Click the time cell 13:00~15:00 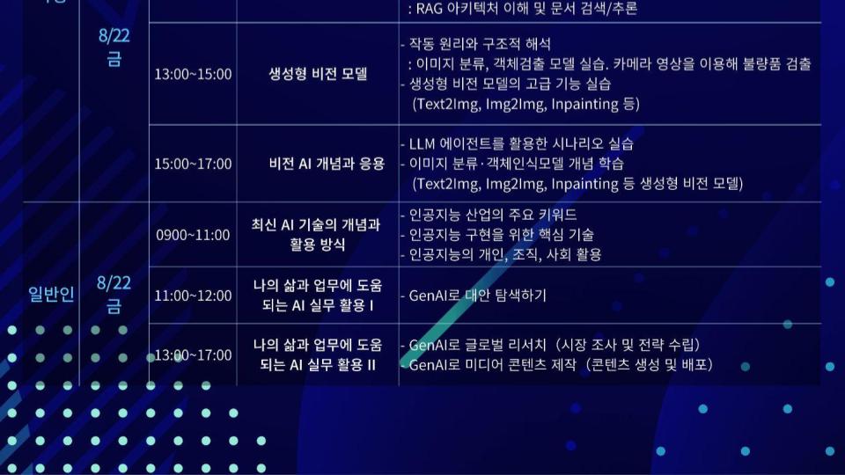pos(193,74)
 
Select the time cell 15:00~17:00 pos(193,164)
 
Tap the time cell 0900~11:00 pos(193,235)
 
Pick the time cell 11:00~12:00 pos(193,296)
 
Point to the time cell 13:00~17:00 pos(193,355)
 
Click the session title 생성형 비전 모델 pos(318,74)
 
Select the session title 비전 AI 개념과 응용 pos(327,164)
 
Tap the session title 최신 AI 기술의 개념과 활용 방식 pos(316,234)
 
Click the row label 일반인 pos(51,294)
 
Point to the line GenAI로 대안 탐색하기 pos(474,296)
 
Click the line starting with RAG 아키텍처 pos(522,8)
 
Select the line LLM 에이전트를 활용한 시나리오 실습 pos(517,143)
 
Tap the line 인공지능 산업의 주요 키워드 pos(489,215)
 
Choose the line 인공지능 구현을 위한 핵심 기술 pos(497,235)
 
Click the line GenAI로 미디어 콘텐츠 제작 pos(557,364)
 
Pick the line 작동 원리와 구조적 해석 pos(476,44)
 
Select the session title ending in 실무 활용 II pos(318,354)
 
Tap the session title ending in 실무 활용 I pos(318,296)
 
